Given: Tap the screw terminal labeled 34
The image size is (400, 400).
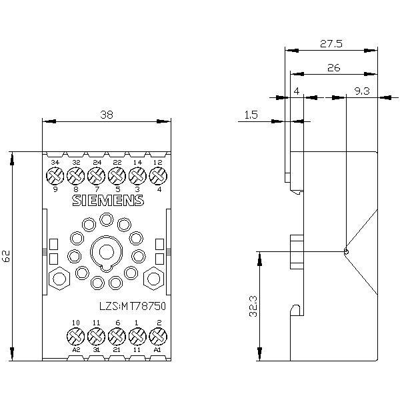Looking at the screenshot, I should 55,175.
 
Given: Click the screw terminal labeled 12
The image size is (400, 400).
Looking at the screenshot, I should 158,175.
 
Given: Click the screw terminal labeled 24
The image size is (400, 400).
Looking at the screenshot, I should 97,175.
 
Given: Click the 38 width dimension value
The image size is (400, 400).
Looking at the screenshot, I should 107,115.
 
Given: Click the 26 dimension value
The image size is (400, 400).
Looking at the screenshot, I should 333,67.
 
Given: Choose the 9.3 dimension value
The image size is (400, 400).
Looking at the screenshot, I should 363,91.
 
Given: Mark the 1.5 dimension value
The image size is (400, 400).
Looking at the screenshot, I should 251,115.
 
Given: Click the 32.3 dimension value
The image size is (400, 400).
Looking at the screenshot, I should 253,306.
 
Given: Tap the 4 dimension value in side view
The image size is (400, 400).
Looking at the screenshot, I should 296,91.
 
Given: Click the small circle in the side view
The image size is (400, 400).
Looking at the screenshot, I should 346,251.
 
